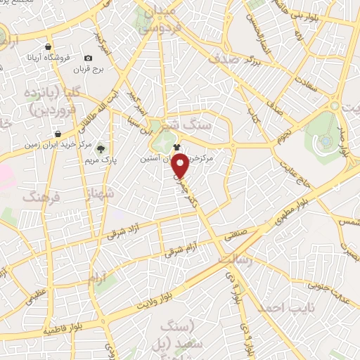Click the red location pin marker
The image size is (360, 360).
coord(181,165)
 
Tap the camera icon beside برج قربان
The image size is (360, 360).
coord(88,58)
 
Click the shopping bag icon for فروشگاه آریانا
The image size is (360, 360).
coord(47,46)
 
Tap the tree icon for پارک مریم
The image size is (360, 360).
coord(101,148)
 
